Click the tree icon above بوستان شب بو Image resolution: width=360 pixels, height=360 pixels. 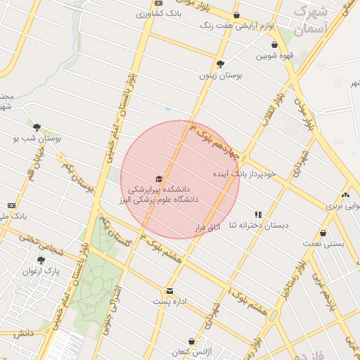[x=37, y=128]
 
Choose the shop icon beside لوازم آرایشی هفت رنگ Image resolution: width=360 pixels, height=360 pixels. [x=236, y=15]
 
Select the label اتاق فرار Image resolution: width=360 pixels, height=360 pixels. [x=207, y=229]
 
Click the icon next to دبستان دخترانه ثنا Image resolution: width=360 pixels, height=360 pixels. [x=258, y=214]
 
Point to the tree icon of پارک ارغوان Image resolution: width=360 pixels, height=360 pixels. [x=41, y=260]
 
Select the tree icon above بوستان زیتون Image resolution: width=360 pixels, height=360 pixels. [x=220, y=63]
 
